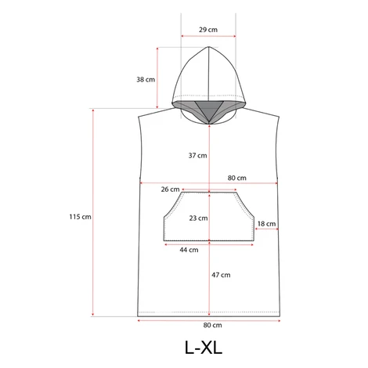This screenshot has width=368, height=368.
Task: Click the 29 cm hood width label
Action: coord(208,30)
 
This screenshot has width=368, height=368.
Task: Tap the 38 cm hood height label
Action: coord(146,79)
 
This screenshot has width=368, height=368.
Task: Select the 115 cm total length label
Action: coord(81,217)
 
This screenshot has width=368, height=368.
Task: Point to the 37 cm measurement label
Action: coord(197,156)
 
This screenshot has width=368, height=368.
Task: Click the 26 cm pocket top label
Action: coord(170,189)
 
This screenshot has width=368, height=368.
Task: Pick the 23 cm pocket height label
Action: coord(198,218)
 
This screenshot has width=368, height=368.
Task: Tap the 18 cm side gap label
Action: coord(266,224)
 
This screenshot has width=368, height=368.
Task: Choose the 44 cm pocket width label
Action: coord(189,250)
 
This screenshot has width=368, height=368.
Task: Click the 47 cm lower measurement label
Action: coord(221,275)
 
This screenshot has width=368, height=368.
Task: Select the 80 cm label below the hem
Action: coord(212,325)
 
